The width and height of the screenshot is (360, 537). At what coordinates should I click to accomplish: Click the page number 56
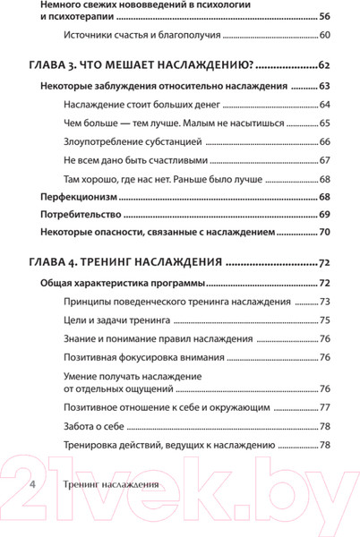(x=324, y=17)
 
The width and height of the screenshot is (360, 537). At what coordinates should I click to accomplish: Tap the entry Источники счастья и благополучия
(x=142, y=35)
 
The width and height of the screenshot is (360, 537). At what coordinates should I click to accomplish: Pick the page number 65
(x=324, y=123)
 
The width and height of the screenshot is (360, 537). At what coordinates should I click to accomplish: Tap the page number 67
(x=324, y=160)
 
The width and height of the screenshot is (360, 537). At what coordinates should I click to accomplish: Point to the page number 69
(x=324, y=215)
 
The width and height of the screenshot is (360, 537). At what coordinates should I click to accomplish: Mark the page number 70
(x=324, y=233)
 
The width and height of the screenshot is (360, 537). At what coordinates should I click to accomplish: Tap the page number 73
(x=324, y=303)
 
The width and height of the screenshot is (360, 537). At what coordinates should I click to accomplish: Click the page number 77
(x=324, y=408)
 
